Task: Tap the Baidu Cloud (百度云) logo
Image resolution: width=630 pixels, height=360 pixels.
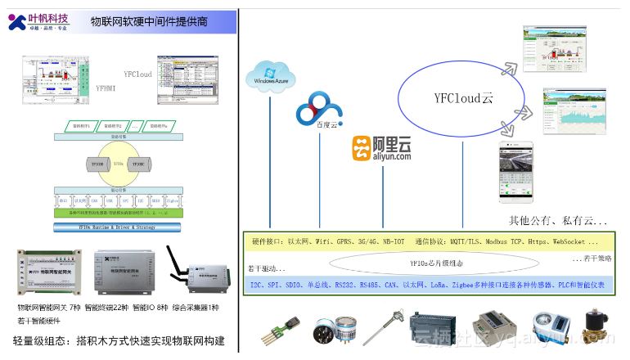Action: point(318,110)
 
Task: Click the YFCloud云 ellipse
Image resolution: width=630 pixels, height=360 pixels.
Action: point(462,98)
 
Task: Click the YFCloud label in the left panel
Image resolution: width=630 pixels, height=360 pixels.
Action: point(138,74)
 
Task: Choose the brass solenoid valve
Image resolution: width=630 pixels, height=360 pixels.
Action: point(599,326)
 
